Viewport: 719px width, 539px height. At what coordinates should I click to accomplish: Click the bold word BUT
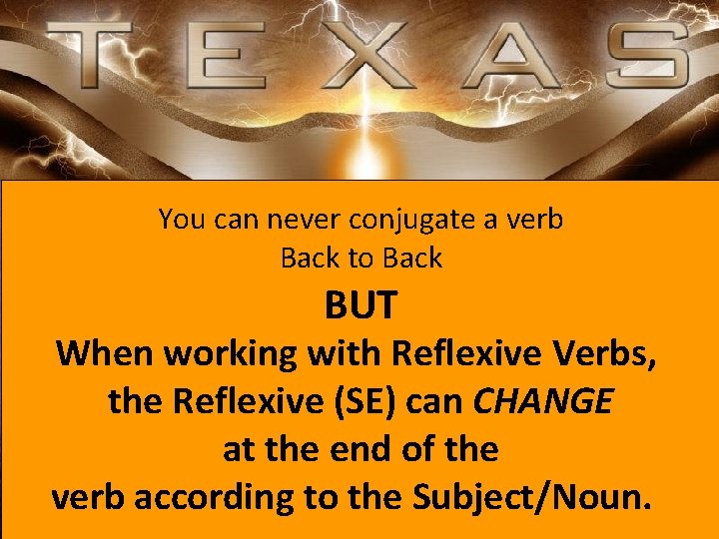[360, 306]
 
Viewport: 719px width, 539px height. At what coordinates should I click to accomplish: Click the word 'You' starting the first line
[180, 220]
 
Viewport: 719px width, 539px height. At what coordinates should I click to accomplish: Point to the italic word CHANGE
[543, 401]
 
